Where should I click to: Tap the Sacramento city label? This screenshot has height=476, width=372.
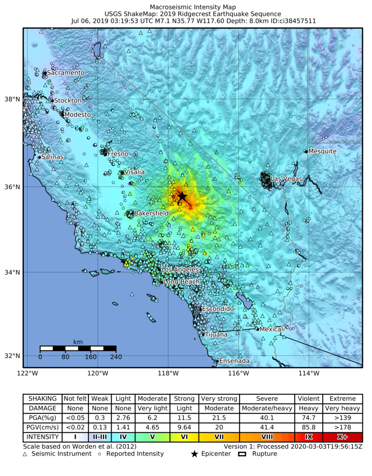click(66, 73)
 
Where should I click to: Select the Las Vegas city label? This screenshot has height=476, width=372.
click(286, 179)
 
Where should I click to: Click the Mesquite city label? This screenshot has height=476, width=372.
click(322, 152)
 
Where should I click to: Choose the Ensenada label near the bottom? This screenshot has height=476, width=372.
click(234, 361)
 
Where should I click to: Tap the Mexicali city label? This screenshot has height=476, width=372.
click(272, 329)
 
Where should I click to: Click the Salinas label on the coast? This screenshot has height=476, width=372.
click(52, 157)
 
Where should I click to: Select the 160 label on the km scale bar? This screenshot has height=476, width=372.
click(91, 357)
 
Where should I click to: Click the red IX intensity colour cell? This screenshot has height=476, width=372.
click(308, 437)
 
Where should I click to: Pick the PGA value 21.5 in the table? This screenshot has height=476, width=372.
click(219, 418)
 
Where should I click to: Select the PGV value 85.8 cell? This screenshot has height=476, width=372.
click(308, 427)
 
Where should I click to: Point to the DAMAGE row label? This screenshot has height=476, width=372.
click(43, 408)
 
